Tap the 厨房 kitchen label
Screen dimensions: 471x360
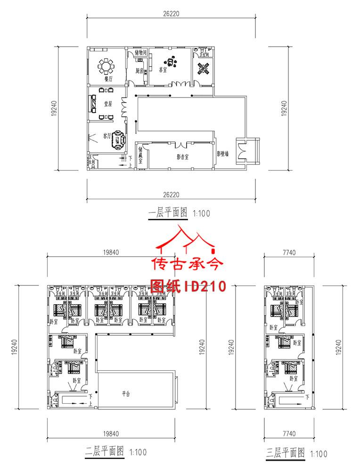click(139, 71)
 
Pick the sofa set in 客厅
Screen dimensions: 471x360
click(118, 140)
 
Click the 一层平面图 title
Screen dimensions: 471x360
click(168, 213)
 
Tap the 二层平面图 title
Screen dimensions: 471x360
click(105, 452)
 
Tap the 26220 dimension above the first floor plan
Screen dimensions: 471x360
click(171, 14)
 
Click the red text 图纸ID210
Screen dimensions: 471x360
click(188, 285)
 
